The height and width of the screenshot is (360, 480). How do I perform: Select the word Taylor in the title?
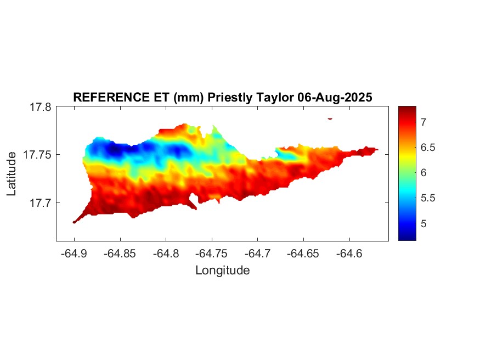[x=275, y=97]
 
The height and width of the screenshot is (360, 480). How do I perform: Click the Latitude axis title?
[x=12, y=174]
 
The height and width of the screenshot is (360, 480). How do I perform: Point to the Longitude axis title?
[x=222, y=270]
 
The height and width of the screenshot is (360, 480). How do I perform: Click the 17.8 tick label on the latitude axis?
[x=41, y=108]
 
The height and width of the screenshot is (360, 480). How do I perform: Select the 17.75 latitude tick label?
[x=38, y=155]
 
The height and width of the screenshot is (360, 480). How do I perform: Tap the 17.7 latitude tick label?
[x=41, y=203]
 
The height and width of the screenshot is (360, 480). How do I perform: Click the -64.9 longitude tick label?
[x=75, y=254]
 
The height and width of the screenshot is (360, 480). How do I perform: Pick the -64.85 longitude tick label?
[x=120, y=254]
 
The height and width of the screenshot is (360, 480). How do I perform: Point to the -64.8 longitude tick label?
[x=166, y=254]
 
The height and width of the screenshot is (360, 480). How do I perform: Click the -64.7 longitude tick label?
[x=258, y=254]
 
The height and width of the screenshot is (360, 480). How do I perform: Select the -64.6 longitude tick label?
[x=349, y=254]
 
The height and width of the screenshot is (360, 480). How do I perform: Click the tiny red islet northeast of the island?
[x=330, y=118]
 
